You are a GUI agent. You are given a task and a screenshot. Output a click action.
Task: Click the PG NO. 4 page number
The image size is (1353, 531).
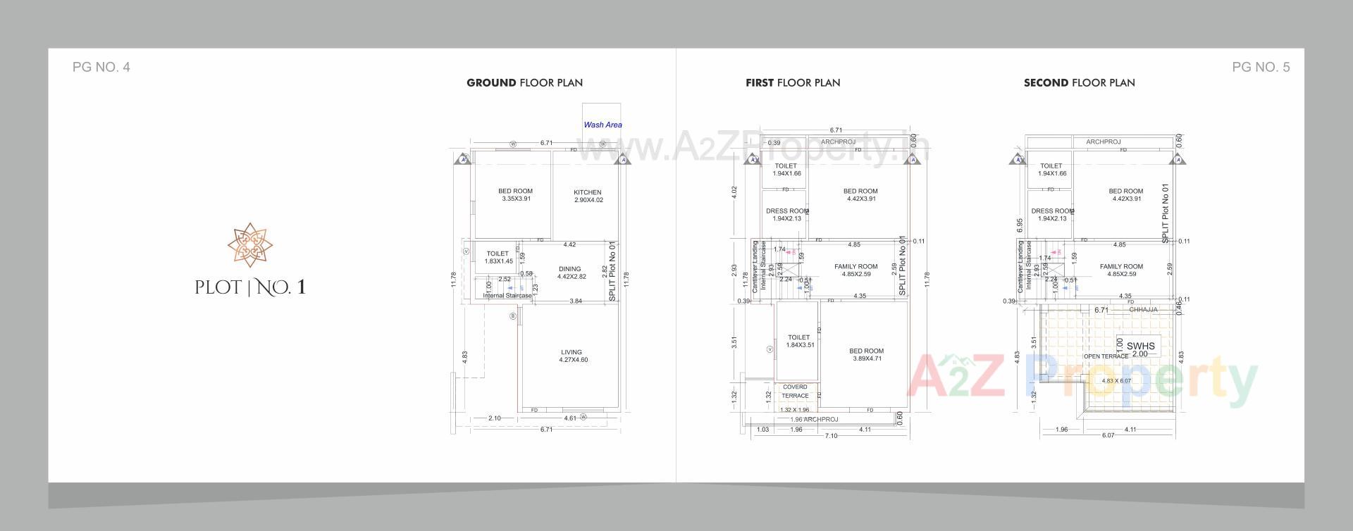101,68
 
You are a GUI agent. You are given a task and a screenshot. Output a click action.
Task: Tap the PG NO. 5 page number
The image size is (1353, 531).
1261,68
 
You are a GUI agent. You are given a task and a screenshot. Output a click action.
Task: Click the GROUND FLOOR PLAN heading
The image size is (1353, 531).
524,83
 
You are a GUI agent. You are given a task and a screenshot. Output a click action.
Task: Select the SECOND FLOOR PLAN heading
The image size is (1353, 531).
1079,83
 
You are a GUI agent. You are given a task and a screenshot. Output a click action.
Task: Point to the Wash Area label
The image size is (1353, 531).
603,125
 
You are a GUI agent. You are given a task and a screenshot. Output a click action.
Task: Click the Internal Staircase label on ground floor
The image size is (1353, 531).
507,296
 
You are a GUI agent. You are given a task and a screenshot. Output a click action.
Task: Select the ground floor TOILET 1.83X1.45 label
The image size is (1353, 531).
498,257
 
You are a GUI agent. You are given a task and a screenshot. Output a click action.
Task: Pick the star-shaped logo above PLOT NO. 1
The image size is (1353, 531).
249,245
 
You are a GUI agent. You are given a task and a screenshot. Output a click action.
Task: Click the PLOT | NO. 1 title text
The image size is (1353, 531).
250,287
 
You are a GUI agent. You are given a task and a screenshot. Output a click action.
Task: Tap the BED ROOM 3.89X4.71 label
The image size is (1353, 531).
866,354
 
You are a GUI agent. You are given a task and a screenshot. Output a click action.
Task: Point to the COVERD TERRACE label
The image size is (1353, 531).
795,392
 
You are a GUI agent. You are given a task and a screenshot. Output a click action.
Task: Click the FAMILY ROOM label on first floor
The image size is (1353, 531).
855,270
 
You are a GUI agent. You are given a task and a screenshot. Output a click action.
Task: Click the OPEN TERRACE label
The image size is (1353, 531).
1106,356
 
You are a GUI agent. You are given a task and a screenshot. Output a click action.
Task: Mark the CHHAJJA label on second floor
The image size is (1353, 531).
1143,310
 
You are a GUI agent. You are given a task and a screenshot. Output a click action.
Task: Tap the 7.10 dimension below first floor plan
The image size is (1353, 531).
831,436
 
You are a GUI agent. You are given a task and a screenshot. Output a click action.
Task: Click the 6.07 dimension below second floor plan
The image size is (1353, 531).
1108,435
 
